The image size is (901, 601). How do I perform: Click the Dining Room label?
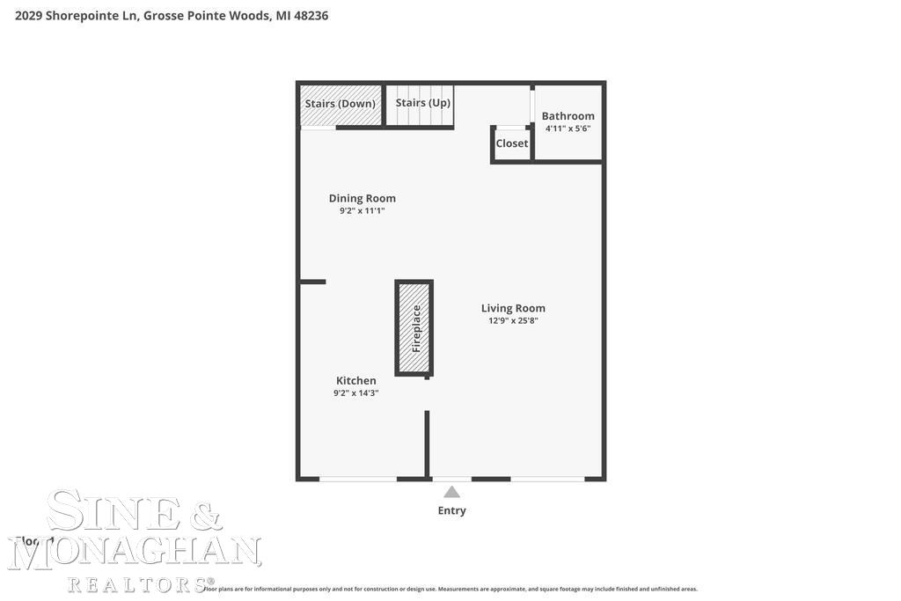[x=362, y=198]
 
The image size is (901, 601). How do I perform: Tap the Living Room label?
[x=513, y=308]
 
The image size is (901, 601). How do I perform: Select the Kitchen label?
[x=355, y=381]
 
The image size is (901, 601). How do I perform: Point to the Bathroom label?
[x=568, y=116]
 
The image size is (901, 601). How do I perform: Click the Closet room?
[x=512, y=143]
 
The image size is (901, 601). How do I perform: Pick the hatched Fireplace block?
[x=414, y=328]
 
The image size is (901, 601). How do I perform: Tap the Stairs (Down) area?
[x=341, y=104]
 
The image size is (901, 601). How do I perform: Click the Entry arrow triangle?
[x=451, y=492]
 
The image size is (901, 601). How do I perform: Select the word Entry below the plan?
[x=451, y=510]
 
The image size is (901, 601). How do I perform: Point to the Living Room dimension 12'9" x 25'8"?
[x=513, y=321]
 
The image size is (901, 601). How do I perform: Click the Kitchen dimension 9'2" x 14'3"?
[x=355, y=393]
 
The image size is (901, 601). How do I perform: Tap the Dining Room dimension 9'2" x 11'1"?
[x=362, y=211]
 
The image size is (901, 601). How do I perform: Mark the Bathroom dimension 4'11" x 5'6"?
[x=568, y=128]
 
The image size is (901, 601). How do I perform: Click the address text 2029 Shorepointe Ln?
[x=76, y=15]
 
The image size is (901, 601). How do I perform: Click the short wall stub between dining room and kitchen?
[x=312, y=282]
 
